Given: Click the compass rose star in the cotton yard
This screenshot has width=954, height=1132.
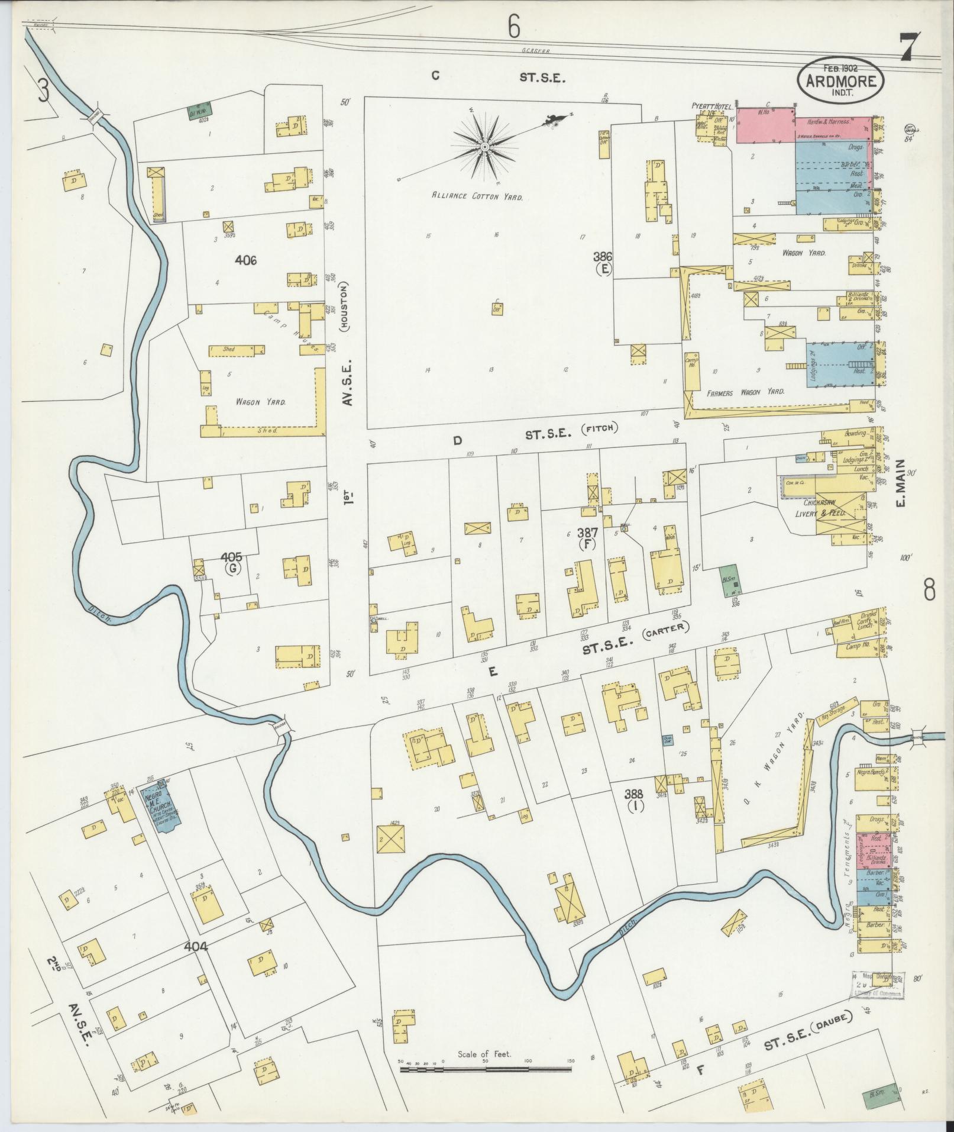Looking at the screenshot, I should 484,145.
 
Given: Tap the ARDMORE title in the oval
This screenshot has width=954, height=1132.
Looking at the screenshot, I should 841,81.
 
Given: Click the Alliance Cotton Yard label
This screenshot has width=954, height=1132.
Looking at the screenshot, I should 477,196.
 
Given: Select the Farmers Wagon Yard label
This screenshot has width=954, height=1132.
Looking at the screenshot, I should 746,392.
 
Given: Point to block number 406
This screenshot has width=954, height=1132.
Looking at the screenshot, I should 245,259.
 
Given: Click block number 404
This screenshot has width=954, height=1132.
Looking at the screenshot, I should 196,947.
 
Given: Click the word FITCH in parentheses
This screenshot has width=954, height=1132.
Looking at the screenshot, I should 599,430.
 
